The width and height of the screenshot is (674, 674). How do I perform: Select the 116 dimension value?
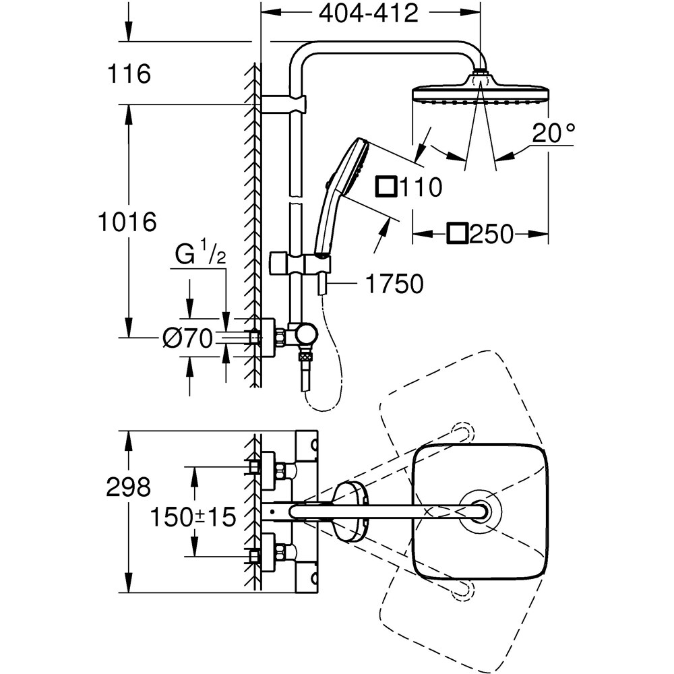(x=127, y=74)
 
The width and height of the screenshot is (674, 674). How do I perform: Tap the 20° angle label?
(x=552, y=133)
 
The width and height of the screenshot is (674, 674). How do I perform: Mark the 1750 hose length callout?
(x=394, y=284)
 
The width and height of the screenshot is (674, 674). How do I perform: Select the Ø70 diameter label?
(x=187, y=337)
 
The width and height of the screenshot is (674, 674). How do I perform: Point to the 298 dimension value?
(x=128, y=487)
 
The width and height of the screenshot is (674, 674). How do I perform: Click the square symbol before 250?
(x=456, y=234)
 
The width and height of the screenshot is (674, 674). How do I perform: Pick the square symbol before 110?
(x=386, y=186)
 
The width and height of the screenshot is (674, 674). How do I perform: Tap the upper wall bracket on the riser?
(x=283, y=104)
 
